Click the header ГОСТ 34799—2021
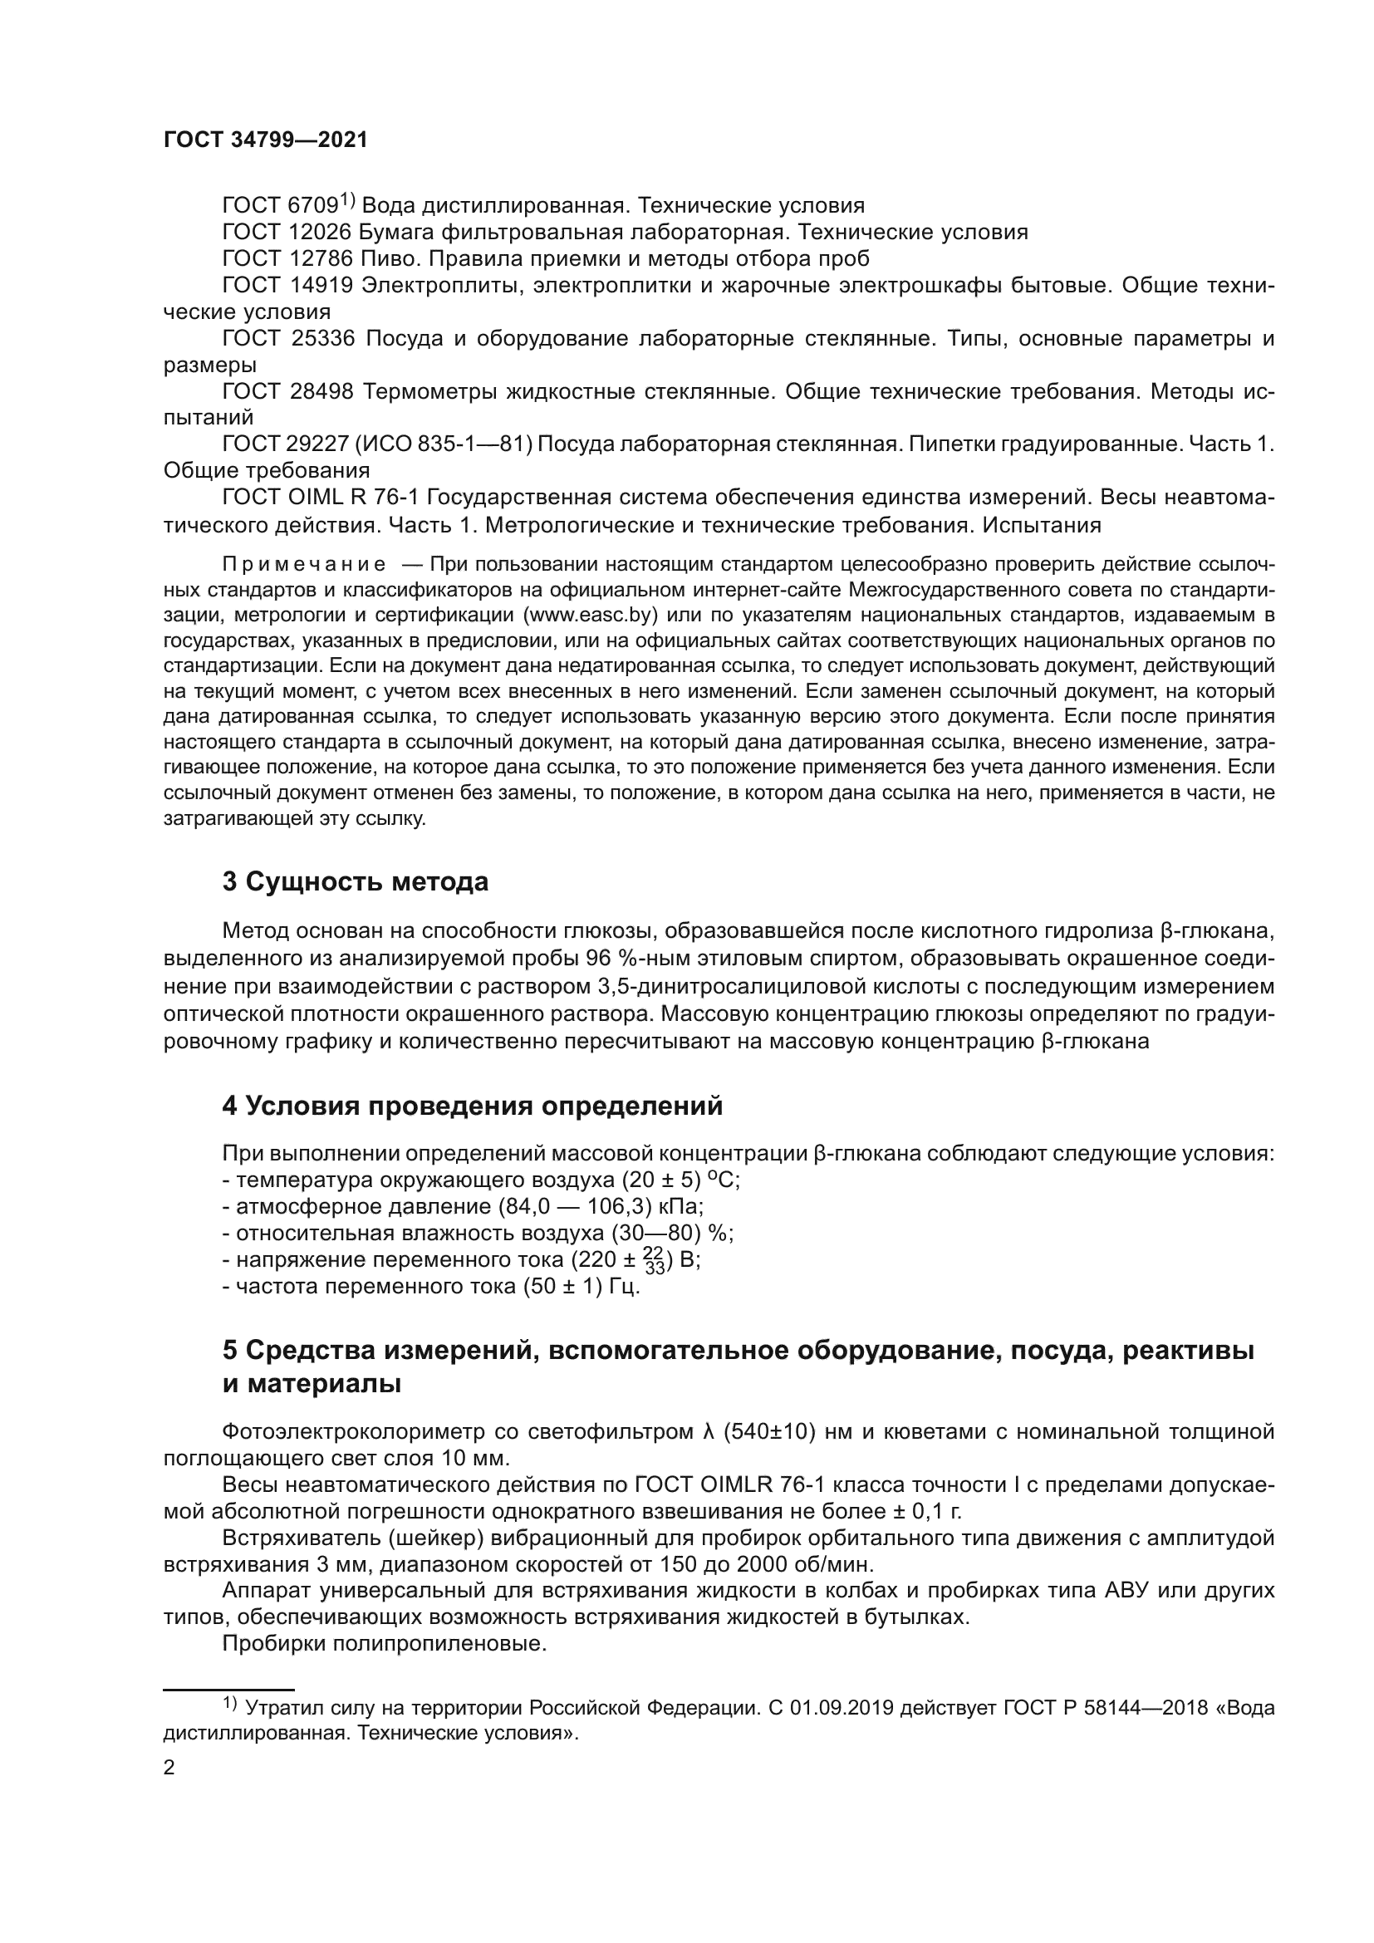coord(266,140)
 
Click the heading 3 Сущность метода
coord(356,882)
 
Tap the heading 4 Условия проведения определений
coord(472,1106)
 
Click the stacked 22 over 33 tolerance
coord(654,1260)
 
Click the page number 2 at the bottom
coord(169,1768)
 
